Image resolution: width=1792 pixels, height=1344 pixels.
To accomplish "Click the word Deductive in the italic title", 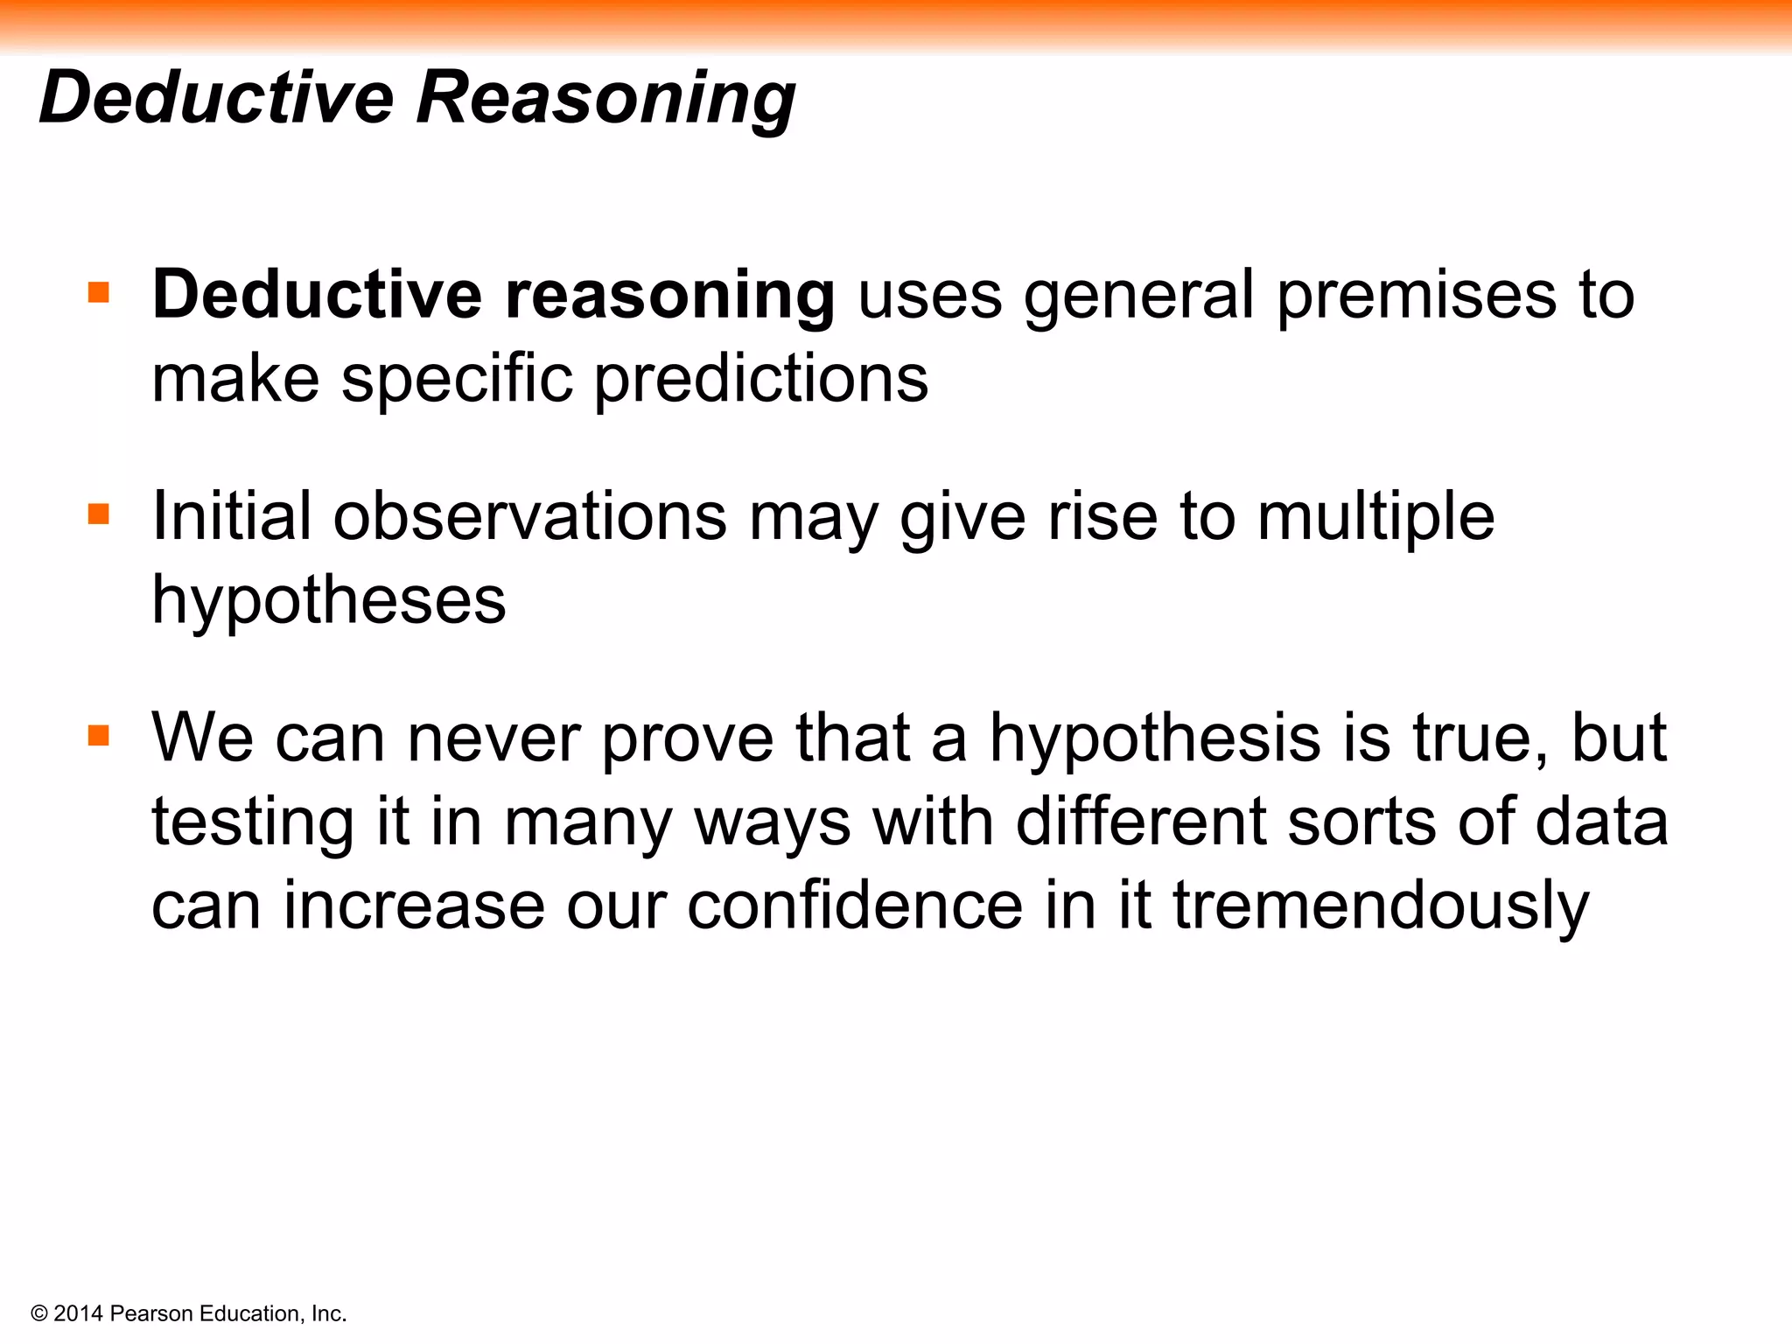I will (x=217, y=97).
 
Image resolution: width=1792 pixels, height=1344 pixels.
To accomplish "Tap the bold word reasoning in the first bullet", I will (x=669, y=297).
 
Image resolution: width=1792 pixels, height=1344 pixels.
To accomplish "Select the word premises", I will (x=1417, y=297).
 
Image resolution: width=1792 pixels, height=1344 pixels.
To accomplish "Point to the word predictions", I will (x=761, y=380).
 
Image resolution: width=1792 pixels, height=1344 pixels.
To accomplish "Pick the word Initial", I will (x=232, y=516).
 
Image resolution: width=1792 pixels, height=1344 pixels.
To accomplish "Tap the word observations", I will (x=529, y=516).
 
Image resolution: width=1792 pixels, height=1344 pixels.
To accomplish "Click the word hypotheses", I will (x=329, y=602).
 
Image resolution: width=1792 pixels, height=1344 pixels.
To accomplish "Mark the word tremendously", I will (x=1381, y=906).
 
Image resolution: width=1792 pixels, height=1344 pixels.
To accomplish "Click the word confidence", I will (x=855, y=906).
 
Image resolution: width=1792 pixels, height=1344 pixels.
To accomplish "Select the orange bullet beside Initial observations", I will (x=99, y=514).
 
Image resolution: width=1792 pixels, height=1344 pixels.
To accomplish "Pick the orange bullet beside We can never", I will (x=99, y=736).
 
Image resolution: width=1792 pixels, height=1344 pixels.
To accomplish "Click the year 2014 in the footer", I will (x=79, y=1313).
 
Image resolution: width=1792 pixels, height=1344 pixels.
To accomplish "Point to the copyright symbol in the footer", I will (x=39, y=1313).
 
